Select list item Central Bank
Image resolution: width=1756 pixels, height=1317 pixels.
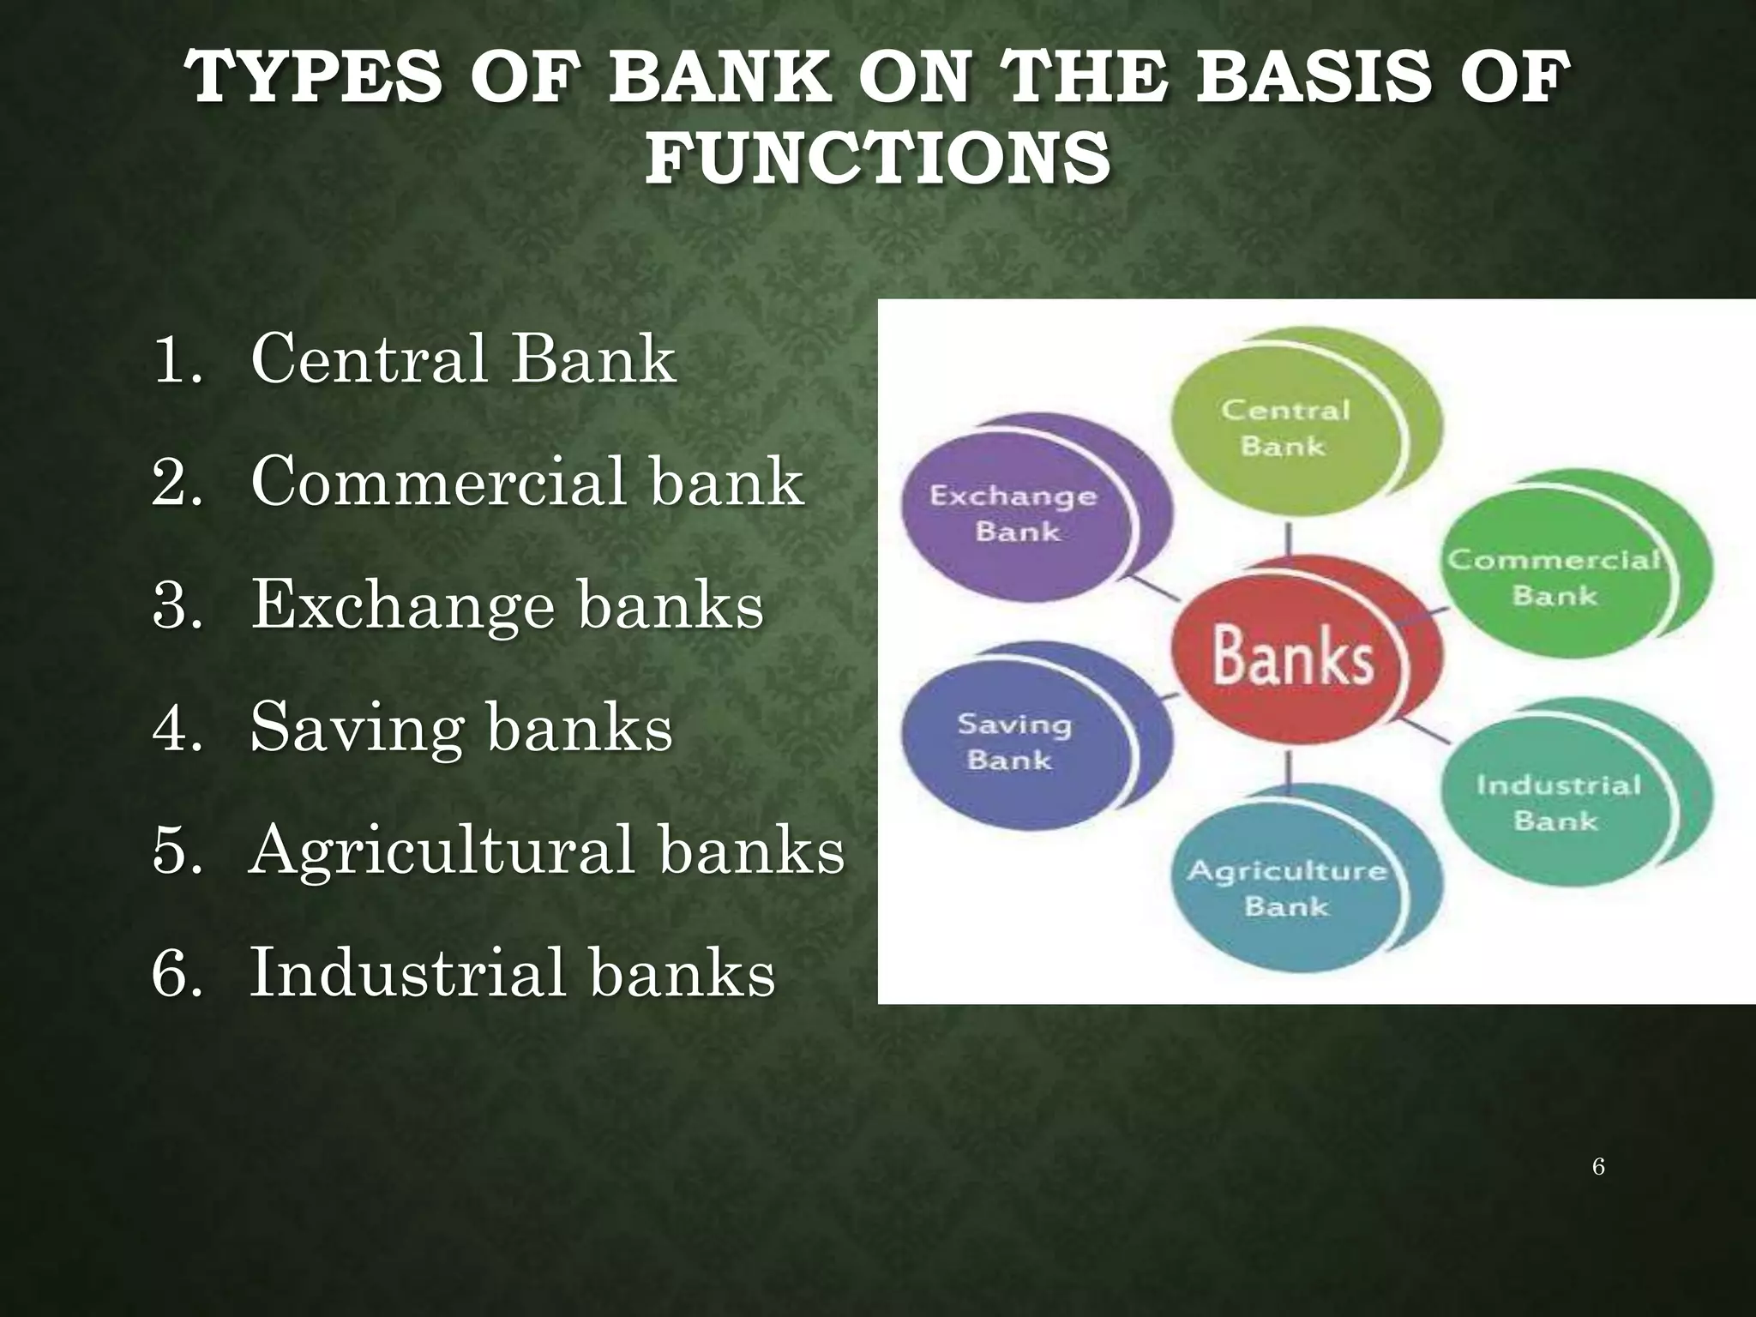(463, 358)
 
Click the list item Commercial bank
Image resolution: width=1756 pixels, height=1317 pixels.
(526, 481)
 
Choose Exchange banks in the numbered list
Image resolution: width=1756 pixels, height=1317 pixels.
(506, 604)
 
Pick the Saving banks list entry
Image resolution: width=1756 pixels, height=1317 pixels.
(461, 727)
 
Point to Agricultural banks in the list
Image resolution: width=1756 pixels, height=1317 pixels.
(546, 851)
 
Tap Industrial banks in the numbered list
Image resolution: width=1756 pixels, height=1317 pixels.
(512, 973)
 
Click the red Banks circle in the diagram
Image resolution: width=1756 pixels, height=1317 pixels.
(1292, 656)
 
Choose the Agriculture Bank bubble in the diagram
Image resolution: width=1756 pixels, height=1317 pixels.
(1287, 887)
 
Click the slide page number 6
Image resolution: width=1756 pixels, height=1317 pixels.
(1598, 1166)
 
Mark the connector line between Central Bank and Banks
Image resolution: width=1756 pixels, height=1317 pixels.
(1288, 540)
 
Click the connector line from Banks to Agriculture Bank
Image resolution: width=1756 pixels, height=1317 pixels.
(1288, 768)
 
